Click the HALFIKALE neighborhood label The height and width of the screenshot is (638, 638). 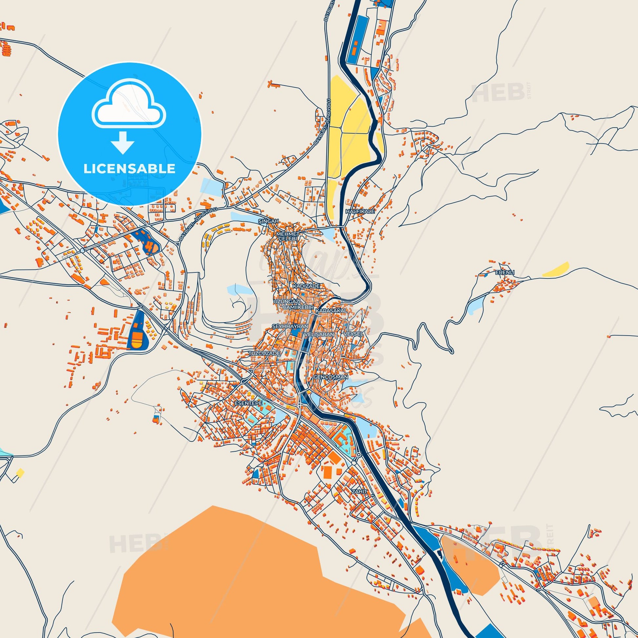click(360, 211)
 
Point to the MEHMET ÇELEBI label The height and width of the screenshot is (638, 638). click(288, 236)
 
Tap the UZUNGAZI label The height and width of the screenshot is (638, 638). click(286, 302)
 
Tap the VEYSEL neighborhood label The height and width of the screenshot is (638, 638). click(353, 334)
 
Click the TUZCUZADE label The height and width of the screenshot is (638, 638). click(264, 353)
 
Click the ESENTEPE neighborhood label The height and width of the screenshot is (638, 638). click(248, 404)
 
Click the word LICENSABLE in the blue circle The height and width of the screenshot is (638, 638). click(129, 169)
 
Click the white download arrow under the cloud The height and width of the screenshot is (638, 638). click(122, 142)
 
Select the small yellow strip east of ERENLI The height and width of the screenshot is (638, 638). click(555, 269)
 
